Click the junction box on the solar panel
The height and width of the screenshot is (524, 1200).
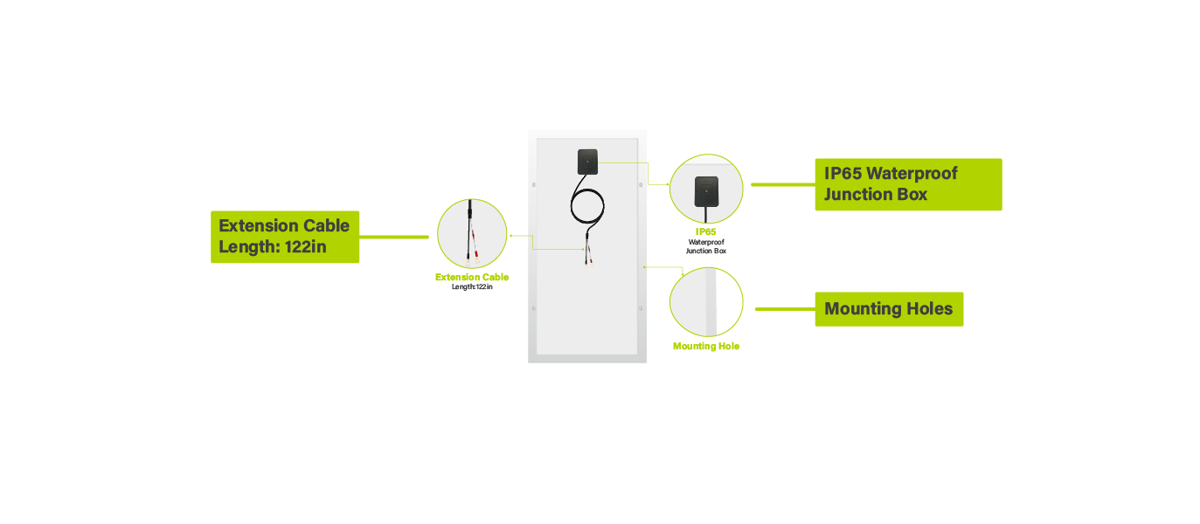click(x=588, y=162)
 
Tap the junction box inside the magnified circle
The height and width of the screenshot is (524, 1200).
click(x=706, y=190)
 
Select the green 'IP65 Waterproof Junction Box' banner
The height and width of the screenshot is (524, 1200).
click(x=908, y=184)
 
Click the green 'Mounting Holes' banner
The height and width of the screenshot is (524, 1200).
click(x=889, y=309)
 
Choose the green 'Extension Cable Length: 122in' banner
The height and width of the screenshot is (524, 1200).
click(x=285, y=236)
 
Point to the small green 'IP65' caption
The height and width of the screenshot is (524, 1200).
click(x=705, y=232)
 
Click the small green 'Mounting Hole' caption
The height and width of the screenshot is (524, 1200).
click(x=706, y=347)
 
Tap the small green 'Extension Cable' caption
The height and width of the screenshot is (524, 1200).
click(x=472, y=278)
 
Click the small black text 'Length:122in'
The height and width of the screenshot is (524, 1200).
click(x=472, y=286)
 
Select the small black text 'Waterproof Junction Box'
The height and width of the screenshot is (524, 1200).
click(x=706, y=246)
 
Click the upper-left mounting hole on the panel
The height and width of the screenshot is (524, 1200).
click(x=534, y=184)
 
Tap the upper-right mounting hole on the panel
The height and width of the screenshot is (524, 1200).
click(x=641, y=184)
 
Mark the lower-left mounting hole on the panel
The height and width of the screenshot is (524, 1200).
click(x=534, y=308)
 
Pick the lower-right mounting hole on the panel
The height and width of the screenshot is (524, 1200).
click(x=641, y=308)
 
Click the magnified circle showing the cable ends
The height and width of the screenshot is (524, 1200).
click(x=472, y=233)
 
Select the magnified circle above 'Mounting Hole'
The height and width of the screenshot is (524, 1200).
click(x=706, y=302)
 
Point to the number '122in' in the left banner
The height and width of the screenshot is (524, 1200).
click(x=306, y=247)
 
